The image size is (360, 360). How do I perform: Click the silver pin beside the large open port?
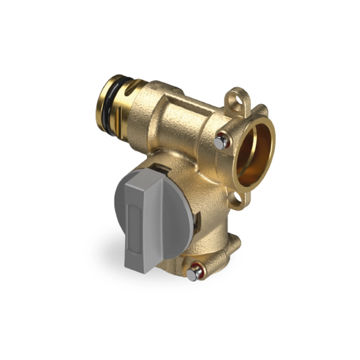(220, 142)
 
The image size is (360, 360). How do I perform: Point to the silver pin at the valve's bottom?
(193, 273)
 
